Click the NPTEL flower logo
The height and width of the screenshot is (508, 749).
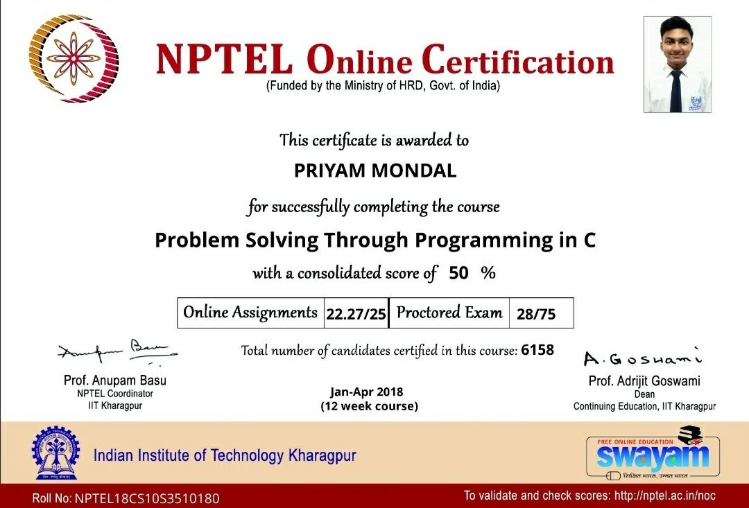(x=74, y=59)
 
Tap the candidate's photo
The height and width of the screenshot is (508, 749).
(x=677, y=64)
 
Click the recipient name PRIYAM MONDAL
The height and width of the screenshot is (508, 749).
(x=375, y=171)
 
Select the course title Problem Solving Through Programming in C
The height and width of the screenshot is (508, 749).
(x=375, y=240)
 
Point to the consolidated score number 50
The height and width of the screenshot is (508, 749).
(x=458, y=273)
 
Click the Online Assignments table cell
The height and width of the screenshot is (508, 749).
(x=250, y=313)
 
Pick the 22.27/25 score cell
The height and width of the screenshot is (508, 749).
(x=356, y=314)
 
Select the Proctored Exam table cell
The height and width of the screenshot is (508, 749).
(x=449, y=313)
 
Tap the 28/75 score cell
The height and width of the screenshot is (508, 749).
(x=536, y=314)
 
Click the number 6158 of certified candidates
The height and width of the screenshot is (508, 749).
(x=537, y=350)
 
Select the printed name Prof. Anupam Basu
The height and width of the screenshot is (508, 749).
(x=115, y=380)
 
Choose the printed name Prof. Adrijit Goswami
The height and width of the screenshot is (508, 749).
(x=644, y=380)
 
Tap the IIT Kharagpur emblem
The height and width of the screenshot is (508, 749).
(x=55, y=454)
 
